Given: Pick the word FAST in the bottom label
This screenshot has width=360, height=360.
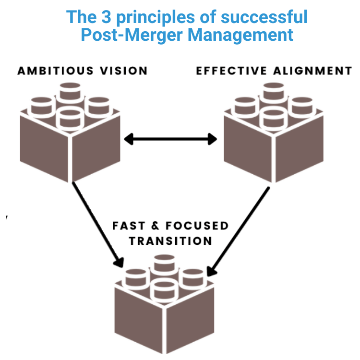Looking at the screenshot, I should pos(130,226).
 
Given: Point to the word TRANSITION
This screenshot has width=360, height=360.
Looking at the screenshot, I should pos(170,240).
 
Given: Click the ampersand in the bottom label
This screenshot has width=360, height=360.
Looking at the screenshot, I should pos(156,226).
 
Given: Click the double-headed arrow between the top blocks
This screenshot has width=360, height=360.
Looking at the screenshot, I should pos(170,140).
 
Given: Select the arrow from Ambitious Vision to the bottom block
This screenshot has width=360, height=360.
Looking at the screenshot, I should pos(96,223).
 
